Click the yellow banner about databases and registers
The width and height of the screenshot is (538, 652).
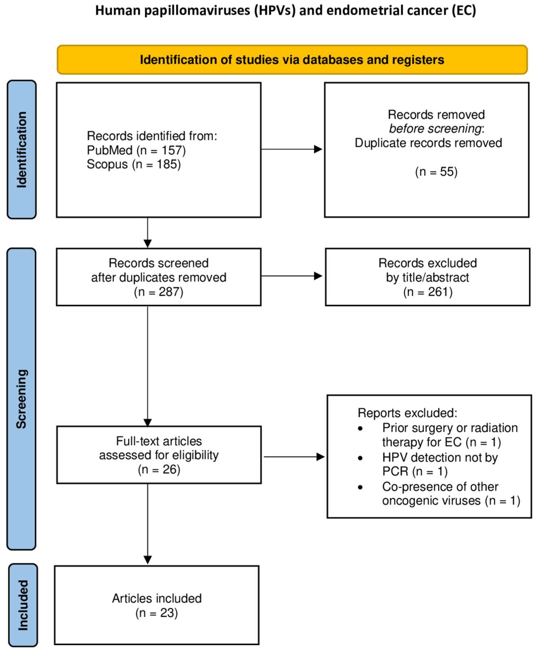(292, 60)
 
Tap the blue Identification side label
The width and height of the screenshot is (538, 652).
(21, 150)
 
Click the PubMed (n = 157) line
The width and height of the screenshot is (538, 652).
(136, 150)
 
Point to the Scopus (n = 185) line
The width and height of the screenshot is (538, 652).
(133, 164)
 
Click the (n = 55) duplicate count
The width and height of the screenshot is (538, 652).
(436, 171)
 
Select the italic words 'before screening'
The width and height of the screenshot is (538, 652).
(435, 128)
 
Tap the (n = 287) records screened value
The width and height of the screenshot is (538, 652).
(158, 292)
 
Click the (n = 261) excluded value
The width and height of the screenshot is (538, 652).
(428, 292)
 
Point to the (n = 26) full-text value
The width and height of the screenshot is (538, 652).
(159, 469)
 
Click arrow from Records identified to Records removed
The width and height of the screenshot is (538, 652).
(291, 149)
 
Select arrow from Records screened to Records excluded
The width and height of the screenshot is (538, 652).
(291, 276)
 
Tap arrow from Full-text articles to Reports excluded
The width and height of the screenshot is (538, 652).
(294, 457)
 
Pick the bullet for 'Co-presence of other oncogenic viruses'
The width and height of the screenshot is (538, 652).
(360, 487)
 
